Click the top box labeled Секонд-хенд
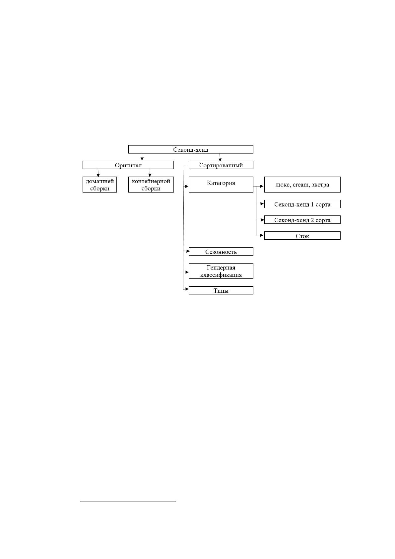[190, 149]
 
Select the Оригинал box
[128, 165]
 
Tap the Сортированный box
[221, 165]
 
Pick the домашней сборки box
[100, 185]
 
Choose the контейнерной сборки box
[151, 185]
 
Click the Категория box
[221, 185]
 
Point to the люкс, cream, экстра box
[302, 185]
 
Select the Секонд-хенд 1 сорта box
[302, 204]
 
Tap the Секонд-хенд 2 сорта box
[302, 220]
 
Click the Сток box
[302, 235]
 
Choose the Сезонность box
[221, 251]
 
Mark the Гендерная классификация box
[221, 271]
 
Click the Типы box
[221, 290]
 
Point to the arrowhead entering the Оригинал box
[142, 159]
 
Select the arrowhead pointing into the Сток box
[262, 235]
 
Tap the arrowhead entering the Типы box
[187, 289]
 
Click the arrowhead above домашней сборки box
[98, 175]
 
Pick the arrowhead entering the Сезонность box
[187, 251]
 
